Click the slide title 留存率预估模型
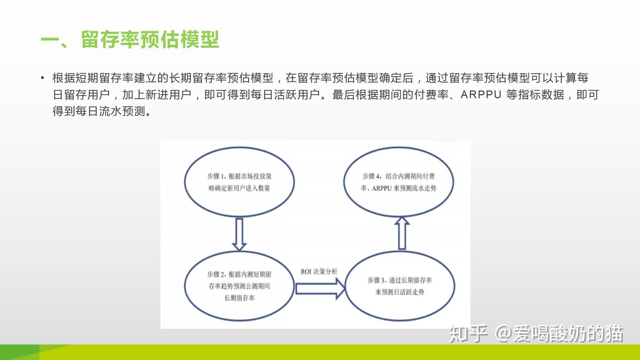(x=150, y=40)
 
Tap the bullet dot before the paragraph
(x=43, y=78)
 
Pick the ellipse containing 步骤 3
(x=400, y=287)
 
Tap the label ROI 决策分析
(x=319, y=272)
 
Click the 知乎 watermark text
(x=468, y=334)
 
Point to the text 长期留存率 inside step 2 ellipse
(x=240, y=298)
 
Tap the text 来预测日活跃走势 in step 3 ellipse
(x=400, y=292)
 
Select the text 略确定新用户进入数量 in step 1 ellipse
(x=239, y=188)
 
